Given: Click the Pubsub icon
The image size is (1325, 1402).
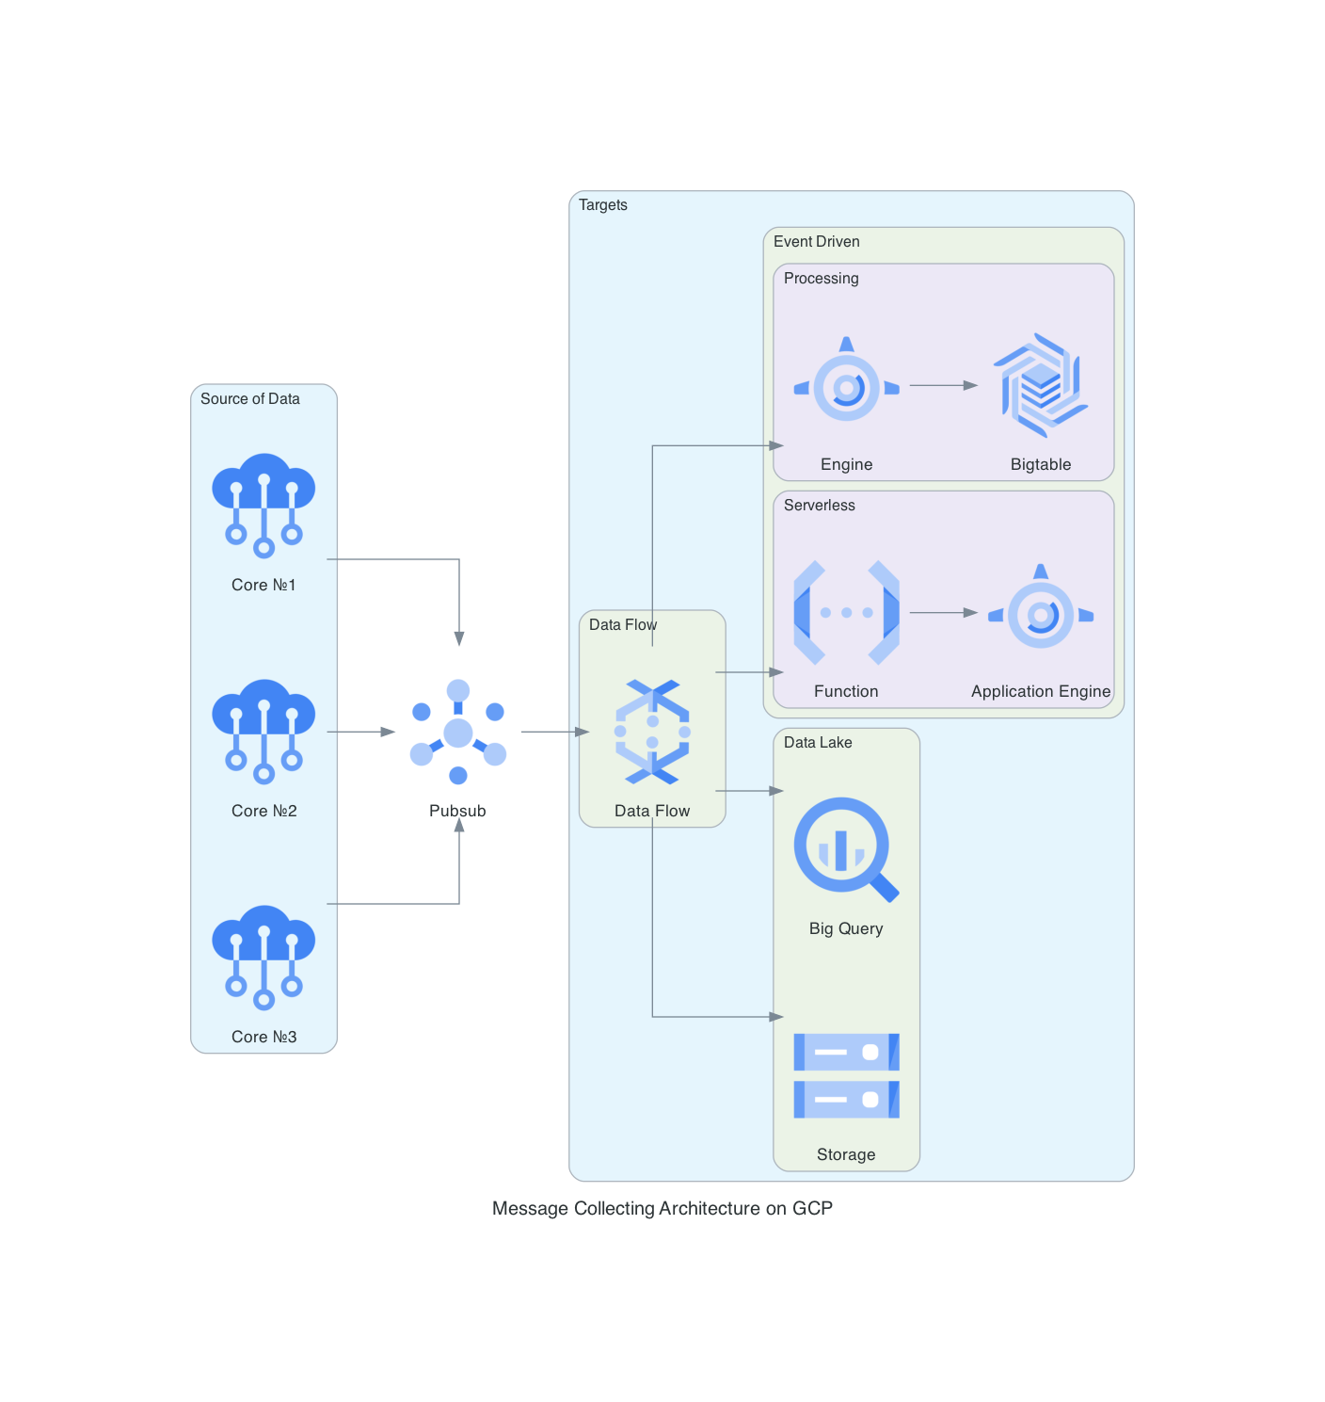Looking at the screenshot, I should pos(458,732).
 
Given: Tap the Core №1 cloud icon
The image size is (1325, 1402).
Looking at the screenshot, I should pos(263,504).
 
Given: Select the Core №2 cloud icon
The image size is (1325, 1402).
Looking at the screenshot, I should pos(263,730).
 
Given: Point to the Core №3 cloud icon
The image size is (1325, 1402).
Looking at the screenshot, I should pos(263,956).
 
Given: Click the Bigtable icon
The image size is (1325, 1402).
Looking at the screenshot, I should pos(1041,385).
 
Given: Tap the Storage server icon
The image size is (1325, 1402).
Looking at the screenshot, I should pos(846,1075).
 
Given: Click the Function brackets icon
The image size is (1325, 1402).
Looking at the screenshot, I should pos(846,612).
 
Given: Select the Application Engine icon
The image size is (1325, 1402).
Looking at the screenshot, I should pos(1041,612).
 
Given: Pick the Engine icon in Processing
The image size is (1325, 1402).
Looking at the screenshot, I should pos(846,385).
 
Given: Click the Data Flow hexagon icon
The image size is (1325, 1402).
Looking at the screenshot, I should pos(652,732).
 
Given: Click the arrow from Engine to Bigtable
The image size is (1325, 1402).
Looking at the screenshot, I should pos(943,385).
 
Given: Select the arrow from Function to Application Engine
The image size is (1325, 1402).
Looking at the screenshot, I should pos(943,612).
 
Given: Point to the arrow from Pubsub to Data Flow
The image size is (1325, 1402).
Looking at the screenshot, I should pos(554,732).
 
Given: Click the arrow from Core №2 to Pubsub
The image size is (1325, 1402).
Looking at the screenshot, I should pos(360,732).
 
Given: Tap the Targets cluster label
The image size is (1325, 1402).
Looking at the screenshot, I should pos(603,205).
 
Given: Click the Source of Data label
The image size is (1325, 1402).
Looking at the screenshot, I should pos(250,399).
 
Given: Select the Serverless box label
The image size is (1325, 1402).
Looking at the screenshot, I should pos(820,506).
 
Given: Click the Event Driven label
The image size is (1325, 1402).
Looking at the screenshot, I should pos(817,242).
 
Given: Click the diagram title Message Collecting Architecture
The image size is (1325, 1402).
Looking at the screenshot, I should pos(662,1208).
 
